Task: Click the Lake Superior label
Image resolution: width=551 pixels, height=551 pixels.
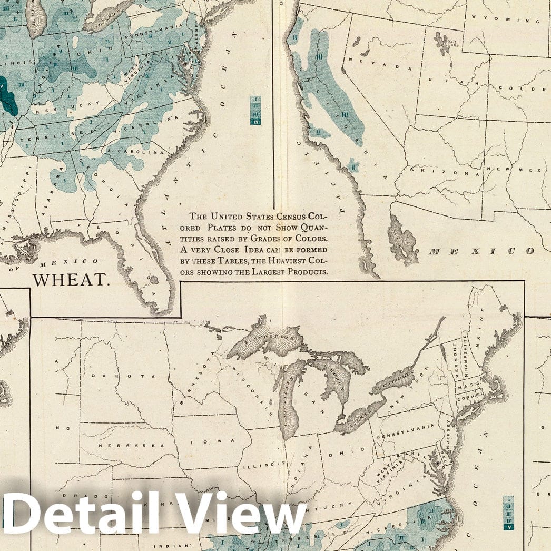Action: pyautogui.click(x=269, y=337)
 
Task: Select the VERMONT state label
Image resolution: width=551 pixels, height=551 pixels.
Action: pyautogui.click(x=457, y=362)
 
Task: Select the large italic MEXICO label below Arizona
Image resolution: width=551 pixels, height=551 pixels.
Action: pyautogui.click(x=482, y=251)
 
